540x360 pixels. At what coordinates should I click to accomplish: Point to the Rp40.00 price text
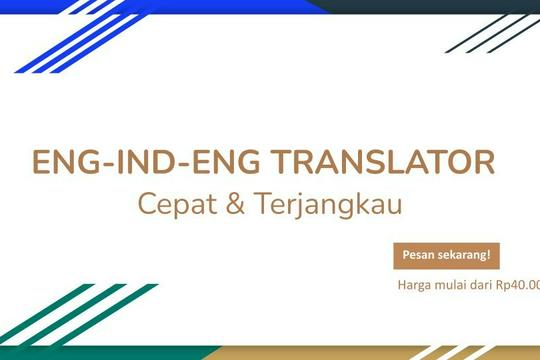click(524, 284)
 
